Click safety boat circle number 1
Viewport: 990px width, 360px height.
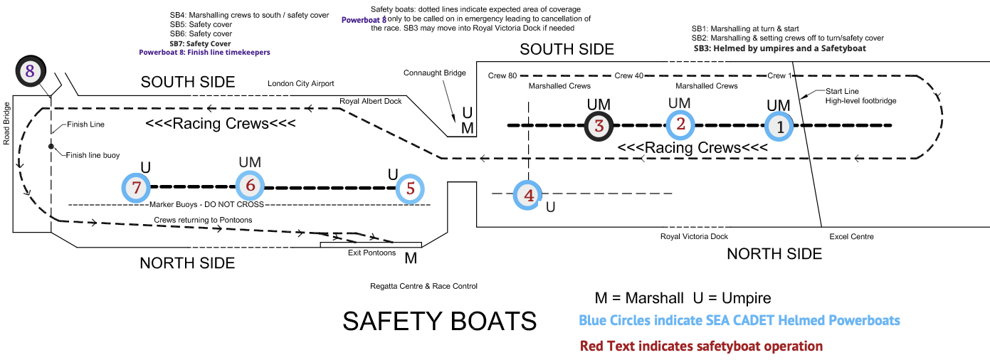pos(779,127)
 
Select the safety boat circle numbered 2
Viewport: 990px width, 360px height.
pos(681,125)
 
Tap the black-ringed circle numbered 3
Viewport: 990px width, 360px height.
pos(599,127)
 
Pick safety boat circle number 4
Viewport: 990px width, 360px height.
pos(528,194)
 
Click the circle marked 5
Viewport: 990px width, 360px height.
pos(410,189)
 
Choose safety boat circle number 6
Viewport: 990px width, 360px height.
pos(250,186)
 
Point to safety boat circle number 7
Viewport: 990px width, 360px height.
pos(137,188)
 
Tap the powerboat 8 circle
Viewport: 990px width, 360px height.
pos(30,70)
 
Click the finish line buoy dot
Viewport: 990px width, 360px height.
pos(51,147)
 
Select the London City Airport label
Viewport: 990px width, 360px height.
pos(300,84)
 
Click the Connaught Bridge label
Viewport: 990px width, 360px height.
pos(434,73)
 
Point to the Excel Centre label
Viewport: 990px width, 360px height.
pos(851,237)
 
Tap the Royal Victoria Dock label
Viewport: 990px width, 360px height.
pos(694,237)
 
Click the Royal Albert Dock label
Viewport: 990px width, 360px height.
pos(370,101)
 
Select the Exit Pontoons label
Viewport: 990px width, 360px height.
pos(372,253)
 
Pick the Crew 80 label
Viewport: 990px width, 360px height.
pos(502,75)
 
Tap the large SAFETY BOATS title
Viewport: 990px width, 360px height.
pos(439,322)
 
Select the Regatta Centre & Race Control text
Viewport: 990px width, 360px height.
pos(423,286)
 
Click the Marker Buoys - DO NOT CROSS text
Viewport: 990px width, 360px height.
pos(206,204)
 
